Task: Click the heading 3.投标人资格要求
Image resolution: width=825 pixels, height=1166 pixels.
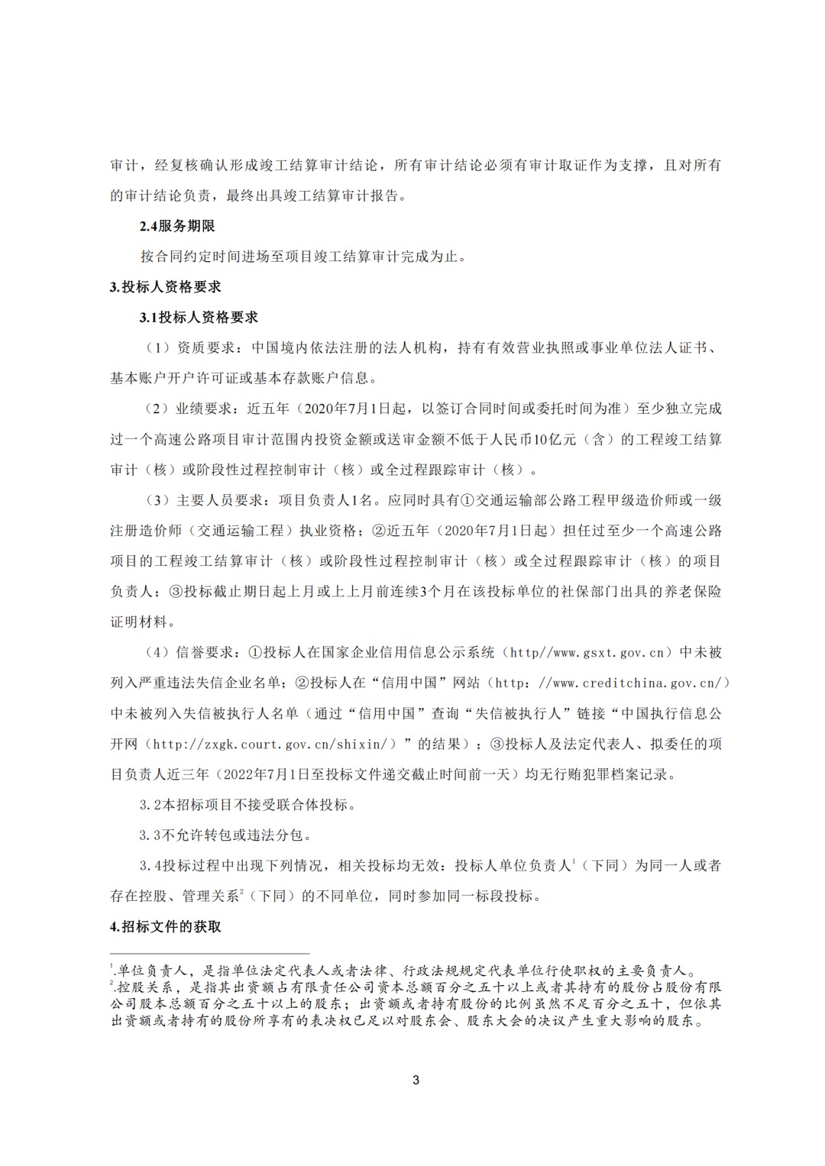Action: [166, 287]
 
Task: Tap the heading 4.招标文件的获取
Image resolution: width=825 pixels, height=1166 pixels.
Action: [166, 927]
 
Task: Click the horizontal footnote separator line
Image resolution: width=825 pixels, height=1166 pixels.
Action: [210, 954]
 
